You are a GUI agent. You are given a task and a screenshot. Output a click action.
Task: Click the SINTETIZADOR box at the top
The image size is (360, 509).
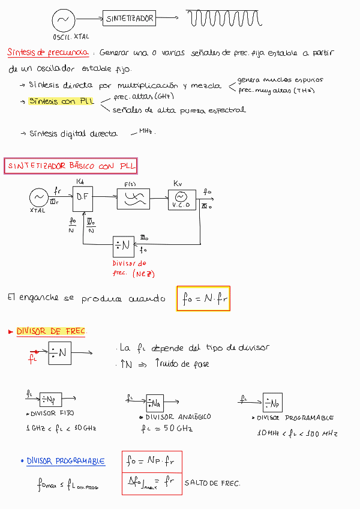click(x=130, y=19)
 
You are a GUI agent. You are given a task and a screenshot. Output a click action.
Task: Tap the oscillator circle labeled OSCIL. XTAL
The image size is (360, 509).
click(x=62, y=20)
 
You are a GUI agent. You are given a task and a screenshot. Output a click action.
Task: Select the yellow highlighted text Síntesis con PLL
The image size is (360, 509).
click(x=62, y=101)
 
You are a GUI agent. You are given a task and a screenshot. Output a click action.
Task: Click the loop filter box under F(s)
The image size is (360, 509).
click(x=133, y=199)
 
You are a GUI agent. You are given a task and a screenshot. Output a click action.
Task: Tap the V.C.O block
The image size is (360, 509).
click(x=182, y=199)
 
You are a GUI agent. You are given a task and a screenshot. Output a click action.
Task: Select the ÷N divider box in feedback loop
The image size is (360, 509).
click(x=124, y=245)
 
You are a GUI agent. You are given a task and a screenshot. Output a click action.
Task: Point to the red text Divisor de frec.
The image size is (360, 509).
click(x=129, y=268)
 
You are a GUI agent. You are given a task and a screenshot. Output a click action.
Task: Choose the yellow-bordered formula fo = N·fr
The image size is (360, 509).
click(x=203, y=298)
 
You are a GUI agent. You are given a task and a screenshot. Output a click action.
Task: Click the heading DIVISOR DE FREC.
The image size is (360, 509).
click(x=52, y=331)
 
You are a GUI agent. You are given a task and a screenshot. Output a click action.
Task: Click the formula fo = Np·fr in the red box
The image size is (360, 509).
click(x=151, y=462)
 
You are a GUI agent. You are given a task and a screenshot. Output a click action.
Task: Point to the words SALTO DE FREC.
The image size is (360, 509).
click(x=212, y=483)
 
